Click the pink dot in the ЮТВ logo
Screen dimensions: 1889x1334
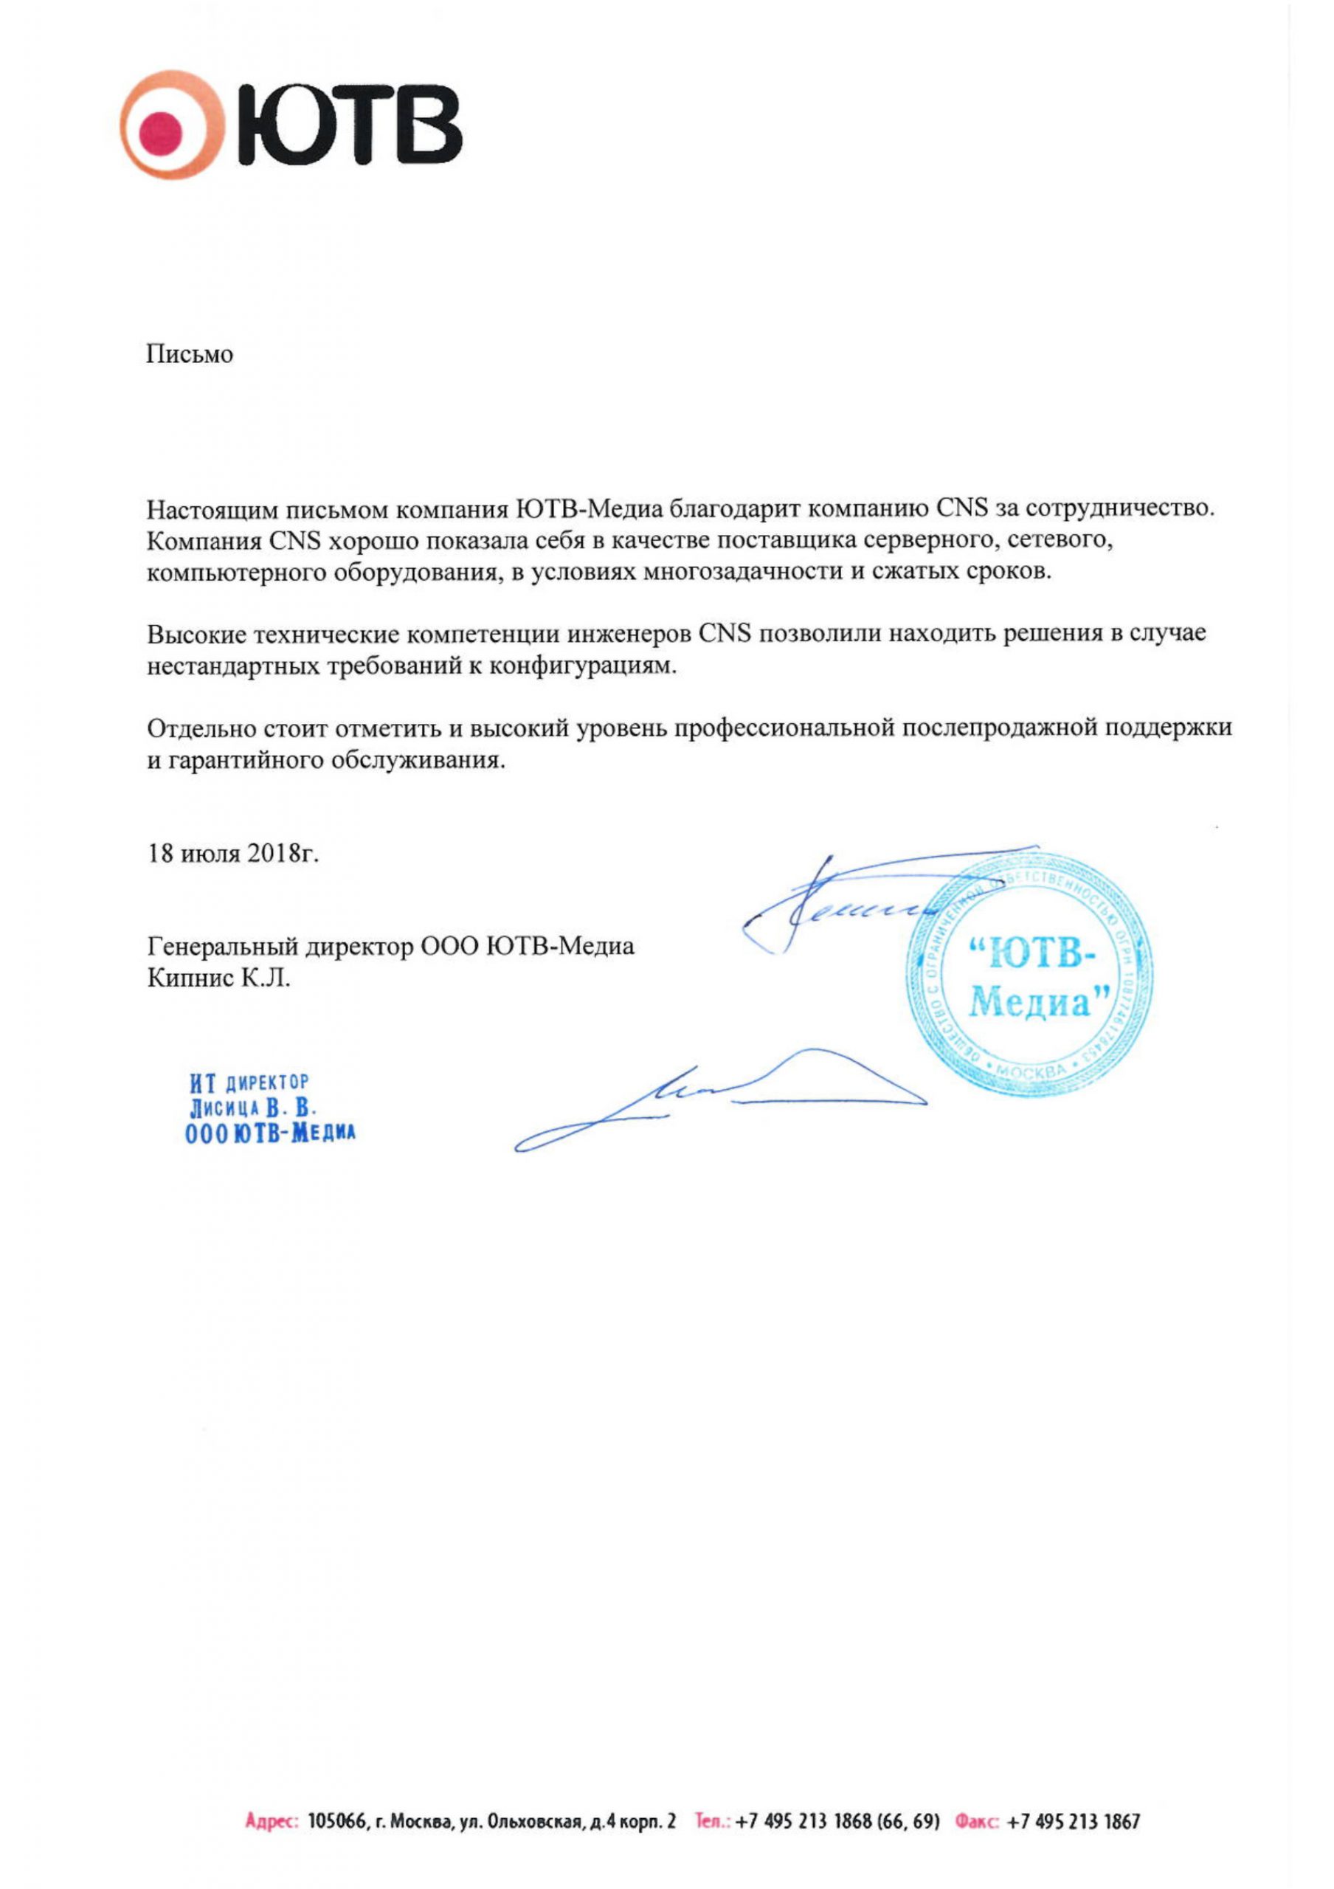161,128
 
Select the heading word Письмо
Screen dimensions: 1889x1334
190,355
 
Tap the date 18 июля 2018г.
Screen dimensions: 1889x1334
232,853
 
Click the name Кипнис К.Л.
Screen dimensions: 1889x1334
219,978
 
